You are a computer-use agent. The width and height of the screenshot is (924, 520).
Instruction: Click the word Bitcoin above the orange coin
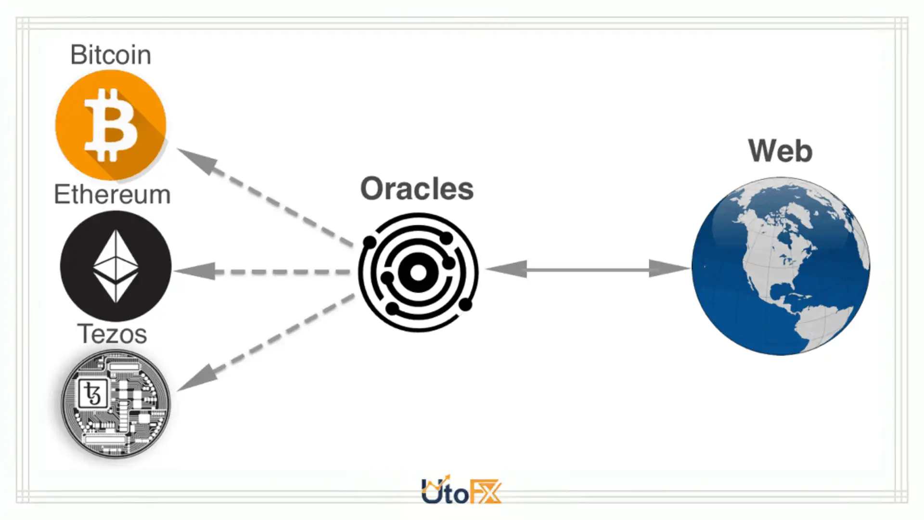coord(111,54)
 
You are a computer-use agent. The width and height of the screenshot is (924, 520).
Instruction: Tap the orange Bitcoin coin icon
coord(111,125)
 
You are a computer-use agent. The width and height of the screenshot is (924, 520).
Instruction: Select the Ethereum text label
coord(112,195)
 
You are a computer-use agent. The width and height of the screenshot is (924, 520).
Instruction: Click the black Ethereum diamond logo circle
coord(115,266)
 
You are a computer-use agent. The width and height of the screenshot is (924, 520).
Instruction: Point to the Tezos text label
coord(112,334)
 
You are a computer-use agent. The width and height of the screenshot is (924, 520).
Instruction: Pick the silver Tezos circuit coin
coord(115,403)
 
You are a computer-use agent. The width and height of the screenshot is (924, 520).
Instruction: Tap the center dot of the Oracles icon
coord(418,273)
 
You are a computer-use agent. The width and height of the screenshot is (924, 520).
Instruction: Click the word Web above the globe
coord(780,151)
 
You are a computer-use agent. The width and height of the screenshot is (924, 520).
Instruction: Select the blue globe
coord(781,266)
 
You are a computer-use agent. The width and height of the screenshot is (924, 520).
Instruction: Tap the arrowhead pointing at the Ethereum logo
coord(195,271)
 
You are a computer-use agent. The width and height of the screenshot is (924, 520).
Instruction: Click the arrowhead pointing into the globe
coord(669,269)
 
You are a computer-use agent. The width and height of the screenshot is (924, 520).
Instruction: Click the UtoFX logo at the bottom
coord(461,491)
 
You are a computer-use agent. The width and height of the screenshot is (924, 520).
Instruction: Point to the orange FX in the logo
coord(485,492)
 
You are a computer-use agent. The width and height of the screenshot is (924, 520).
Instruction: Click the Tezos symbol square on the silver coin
coord(93,394)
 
